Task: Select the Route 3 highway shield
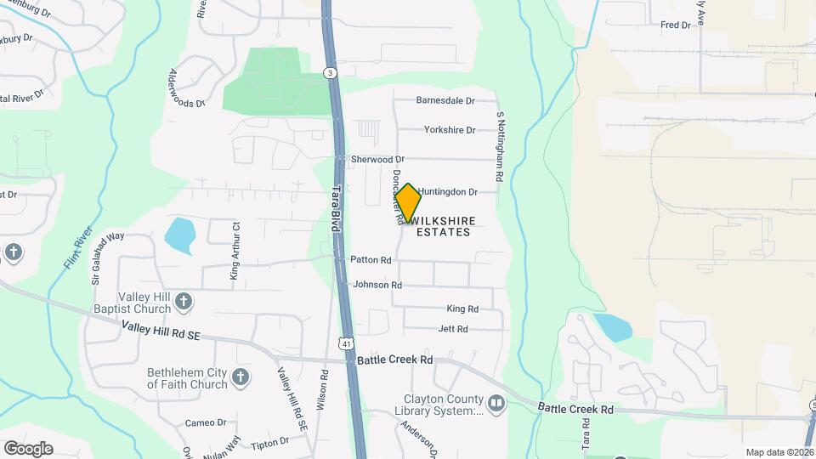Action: point(329,74)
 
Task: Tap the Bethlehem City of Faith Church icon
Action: point(241,377)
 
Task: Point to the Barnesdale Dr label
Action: point(445,100)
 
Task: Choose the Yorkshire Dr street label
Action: point(449,130)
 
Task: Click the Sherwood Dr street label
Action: point(377,160)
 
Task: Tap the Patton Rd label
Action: point(371,260)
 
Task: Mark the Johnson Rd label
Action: point(377,285)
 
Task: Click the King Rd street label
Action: point(462,309)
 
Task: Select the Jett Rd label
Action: point(453,329)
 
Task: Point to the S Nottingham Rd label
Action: point(500,144)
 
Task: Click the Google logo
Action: point(28,449)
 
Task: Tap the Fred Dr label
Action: point(676,25)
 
